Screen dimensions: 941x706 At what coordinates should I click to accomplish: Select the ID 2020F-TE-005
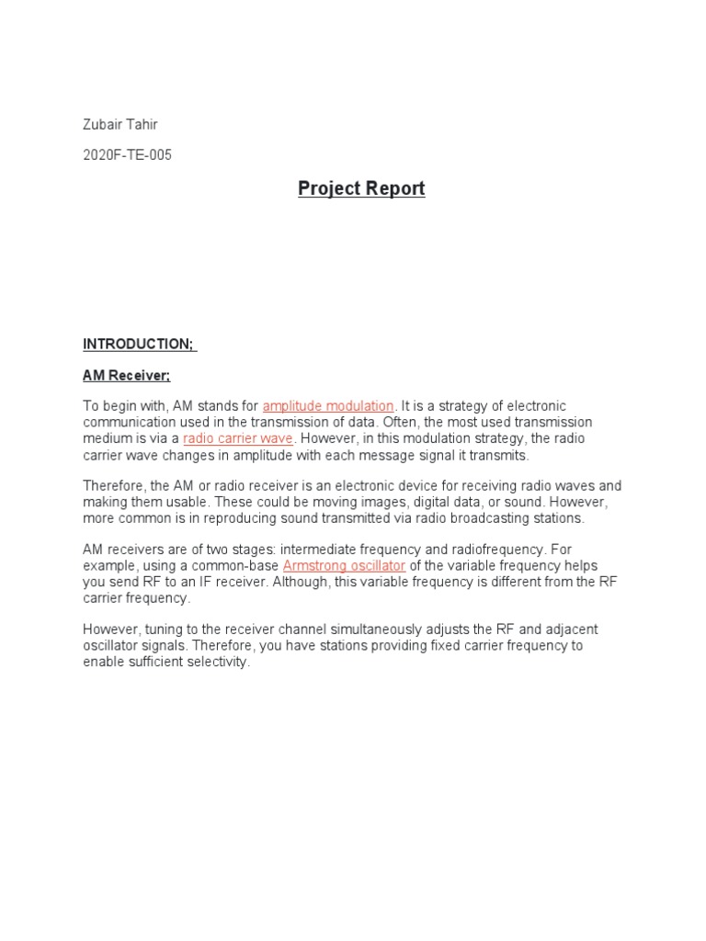(x=127, y=154)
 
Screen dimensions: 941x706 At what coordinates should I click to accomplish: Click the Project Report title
(x=361, y=188)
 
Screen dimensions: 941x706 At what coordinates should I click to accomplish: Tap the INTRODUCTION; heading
(x=139, y=344)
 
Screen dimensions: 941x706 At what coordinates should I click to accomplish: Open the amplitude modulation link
(x=328, y=406)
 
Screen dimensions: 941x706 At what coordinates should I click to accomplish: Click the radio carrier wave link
(x=238, y=438)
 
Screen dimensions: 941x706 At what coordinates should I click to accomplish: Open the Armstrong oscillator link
(x=344, y=565)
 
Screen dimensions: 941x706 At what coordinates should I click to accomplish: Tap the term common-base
(x=237, y=565)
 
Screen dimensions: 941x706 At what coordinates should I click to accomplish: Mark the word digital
(x=422, y=502)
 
